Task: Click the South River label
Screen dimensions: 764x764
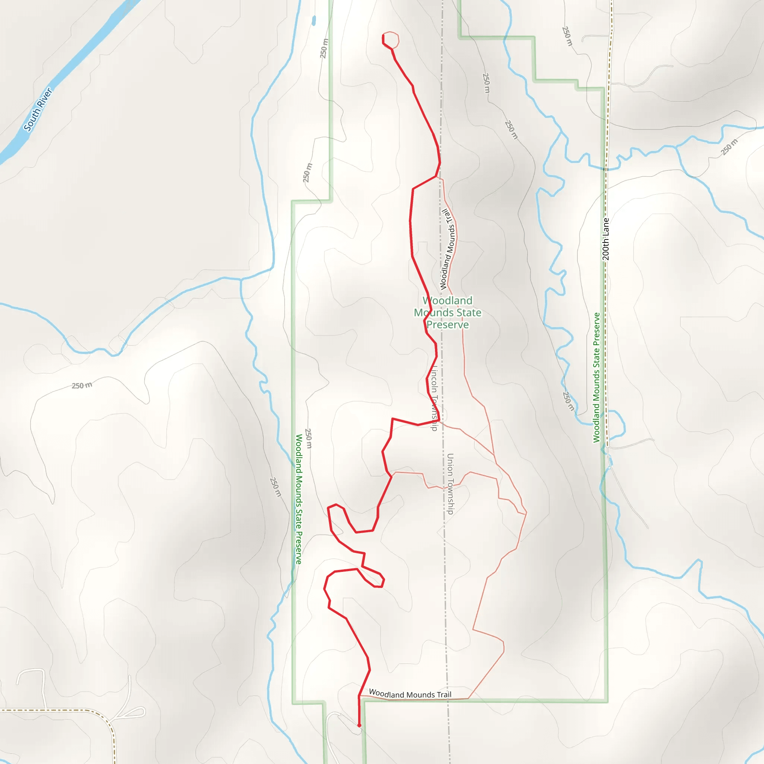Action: [38, 110]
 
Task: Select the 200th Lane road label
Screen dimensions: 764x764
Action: [605, 239]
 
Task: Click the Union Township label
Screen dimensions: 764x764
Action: [450, 483]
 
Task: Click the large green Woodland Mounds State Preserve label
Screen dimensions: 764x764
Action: [447, 312]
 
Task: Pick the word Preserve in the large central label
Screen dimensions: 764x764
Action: [448, 325]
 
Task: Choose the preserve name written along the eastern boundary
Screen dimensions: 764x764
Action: [597, 378]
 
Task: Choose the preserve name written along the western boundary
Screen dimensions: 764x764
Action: [299, 499]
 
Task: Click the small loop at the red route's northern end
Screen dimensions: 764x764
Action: [391, 40]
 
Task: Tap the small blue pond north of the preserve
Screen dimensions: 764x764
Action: [314, 21]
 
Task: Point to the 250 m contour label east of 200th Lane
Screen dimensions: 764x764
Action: [729, 147]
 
